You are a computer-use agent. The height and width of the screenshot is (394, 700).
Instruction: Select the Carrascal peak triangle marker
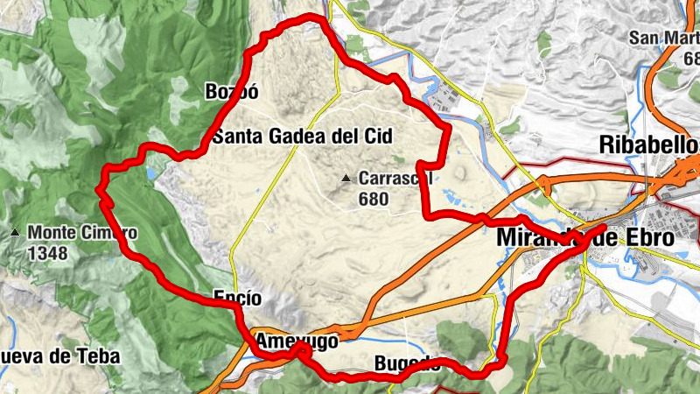click(346, 179)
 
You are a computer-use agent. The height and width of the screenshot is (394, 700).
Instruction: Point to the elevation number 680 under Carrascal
click(373, 199)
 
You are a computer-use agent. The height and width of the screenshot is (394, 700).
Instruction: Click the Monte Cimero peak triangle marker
click(16, 233)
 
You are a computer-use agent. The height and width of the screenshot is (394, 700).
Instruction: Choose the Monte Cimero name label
click(82, 233)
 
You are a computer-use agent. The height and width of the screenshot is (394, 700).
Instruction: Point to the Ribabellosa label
click(650, 144)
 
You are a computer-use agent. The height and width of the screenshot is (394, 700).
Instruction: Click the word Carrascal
click(395, 179)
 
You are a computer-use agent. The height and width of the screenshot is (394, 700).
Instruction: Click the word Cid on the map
click(377, 136)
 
